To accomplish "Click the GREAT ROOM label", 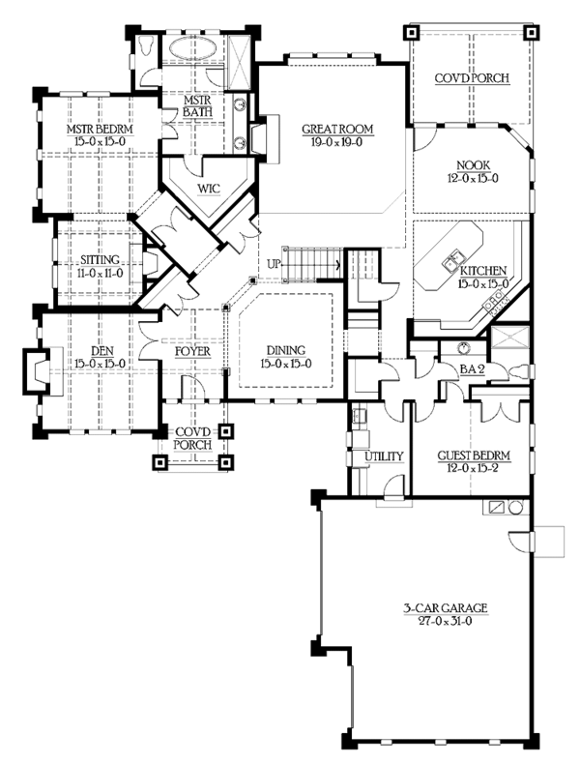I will click(336, 129).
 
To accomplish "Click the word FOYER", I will click(192, 351).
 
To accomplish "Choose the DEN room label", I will click(94, 351).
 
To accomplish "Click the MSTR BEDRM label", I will click(99, 129).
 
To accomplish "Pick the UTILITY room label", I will click(377, 456).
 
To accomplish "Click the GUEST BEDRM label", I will click(473, 455).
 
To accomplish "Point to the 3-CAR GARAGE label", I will click(446, 608).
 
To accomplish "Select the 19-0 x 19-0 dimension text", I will click(336, 141).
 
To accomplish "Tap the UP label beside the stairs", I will click(274, 263).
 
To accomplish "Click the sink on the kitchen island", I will click(450, 259).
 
